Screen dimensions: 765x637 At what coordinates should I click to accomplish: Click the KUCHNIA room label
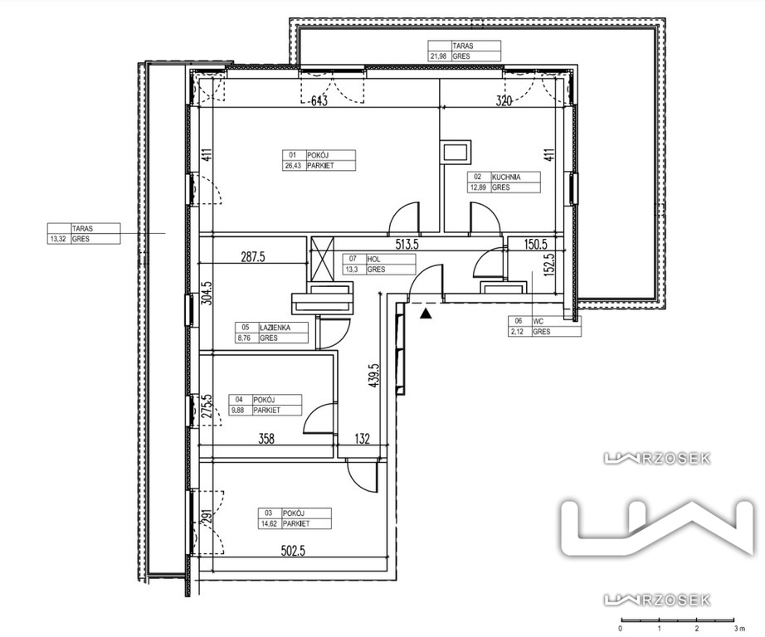506,177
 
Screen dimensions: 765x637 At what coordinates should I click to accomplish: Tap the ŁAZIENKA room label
275,328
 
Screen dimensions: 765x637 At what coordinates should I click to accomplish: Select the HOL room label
373,259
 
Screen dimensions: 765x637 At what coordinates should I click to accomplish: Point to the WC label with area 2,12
538,321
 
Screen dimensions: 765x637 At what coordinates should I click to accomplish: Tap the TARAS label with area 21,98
462,46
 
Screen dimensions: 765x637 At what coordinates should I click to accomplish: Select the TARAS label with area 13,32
82,228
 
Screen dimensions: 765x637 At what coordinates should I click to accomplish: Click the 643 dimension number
319,101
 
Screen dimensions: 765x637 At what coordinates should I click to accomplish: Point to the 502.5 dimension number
293,551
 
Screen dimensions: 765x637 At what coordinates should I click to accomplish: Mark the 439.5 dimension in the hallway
374,375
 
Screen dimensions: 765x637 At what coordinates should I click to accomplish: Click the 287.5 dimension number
253,257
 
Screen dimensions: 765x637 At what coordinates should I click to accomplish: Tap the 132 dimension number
362,439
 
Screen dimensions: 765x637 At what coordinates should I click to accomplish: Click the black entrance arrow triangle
426,314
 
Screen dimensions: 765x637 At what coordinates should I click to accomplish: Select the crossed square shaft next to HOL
322,260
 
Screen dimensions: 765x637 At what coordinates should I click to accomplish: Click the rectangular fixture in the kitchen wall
456,153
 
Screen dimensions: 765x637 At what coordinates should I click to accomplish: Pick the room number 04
239,400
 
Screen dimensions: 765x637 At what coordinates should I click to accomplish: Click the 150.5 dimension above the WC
536,244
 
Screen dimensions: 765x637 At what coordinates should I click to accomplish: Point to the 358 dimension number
266,439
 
